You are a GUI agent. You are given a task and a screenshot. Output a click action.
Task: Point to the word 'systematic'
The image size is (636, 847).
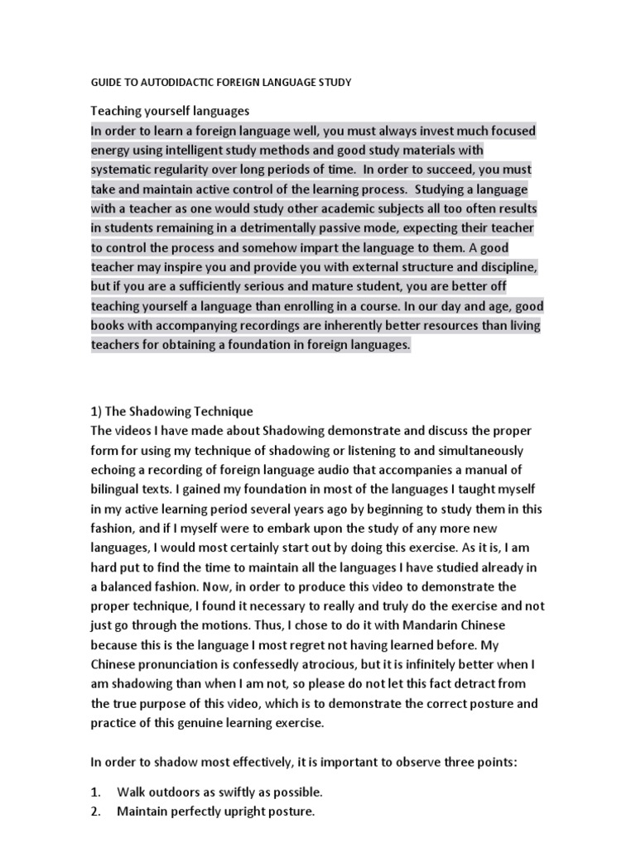click(122, 170)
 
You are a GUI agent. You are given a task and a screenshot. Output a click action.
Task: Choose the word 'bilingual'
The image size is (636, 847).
click(118, 488)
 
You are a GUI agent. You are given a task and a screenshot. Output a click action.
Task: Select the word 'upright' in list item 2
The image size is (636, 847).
click(246, 811)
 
